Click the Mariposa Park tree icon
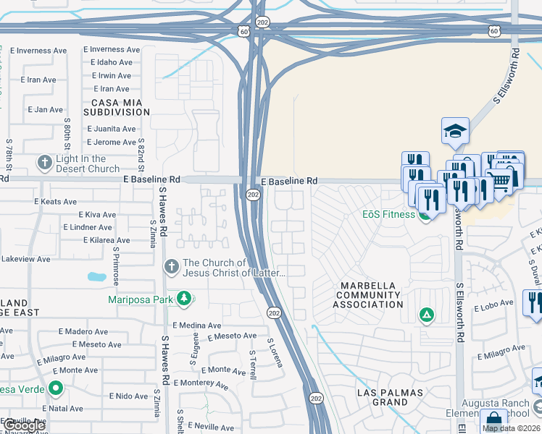[x=184, y=299]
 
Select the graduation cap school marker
[x=455, y=130]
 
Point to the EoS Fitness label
[x=388, y=214]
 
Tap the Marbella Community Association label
[x=367, y=295]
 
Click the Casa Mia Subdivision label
[x=116, y=108]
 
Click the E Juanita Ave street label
[x=110, y=129]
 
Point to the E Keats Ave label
[x=49, y=202]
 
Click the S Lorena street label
[x=275, y=352]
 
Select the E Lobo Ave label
[x=493, y=308]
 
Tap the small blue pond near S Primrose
[x=96, y=276]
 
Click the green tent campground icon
[x=427, y=315]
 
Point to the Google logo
[x=24, y=426]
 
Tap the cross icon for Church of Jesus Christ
[x=171, y=267]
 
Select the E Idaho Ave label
[x=112, y=63]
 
